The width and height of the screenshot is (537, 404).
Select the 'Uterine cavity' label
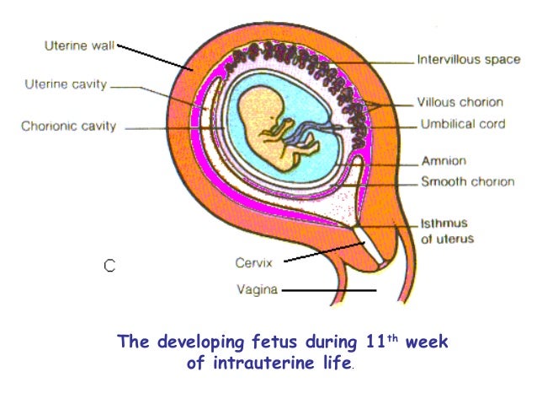pyautogui.click(x=66, y=85)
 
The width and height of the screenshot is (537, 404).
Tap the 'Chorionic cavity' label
pyautogui.click(x=69, y=127)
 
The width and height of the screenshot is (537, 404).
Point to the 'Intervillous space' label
pyautogui.click(x=469, y=61)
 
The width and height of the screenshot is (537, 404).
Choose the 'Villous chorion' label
pyautogui.click(x=460, y=102)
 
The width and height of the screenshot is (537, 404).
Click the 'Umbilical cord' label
pyautogui.click(x=462, y=124)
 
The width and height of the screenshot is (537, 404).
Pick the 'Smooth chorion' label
pyautogui.click(x=467, y=181)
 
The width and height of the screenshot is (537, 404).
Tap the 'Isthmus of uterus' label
pyautogui.click(x=447, y=230)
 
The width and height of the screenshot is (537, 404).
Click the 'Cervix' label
pyautogui.click(x=253, y=262)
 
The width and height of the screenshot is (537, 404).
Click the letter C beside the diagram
pyautogui.click(x=109, y=266)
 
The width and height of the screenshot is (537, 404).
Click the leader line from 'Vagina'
pyautogui.click(x=328, y=291)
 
